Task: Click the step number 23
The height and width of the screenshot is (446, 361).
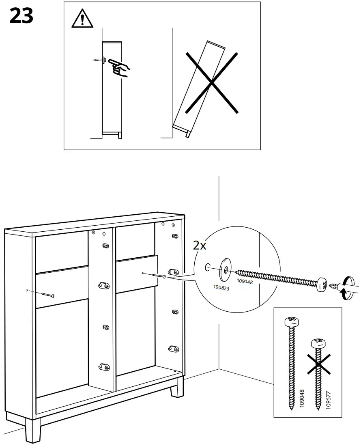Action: pyautogui.click(x=21, y=17)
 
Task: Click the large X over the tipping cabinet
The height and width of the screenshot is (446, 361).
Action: pyautogui.click(x=211, y=82)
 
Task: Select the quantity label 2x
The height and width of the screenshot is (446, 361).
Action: pyautogui.click(x=200, y=245)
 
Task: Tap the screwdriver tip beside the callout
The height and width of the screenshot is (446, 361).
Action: pyautogui.click(x=333, y=286)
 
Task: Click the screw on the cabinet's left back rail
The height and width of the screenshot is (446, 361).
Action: pyautogui.click(x=47, y=294)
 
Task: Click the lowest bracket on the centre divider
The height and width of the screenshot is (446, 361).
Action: pyautogui.click(x=104, y=367)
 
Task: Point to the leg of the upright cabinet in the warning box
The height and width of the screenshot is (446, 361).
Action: pyautogui.click(x=119, y=135)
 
